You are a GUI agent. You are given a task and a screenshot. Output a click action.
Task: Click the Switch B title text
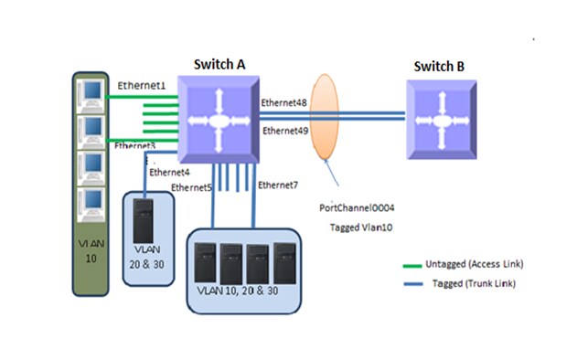(439, 66)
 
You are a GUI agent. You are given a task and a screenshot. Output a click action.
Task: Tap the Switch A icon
(219, 121)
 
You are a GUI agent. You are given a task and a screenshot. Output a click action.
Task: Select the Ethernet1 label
(141, 85)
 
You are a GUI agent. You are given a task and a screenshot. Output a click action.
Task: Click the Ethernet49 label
(285, 131)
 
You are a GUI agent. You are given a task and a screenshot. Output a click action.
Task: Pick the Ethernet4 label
(169, 171)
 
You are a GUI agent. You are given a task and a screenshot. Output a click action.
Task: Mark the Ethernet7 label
(277, 185)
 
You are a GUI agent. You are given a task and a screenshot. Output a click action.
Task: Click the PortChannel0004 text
(358, 209)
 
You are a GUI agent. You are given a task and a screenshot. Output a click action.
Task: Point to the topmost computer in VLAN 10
(92, 92)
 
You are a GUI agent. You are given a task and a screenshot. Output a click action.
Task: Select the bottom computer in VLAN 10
(92, 202)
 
